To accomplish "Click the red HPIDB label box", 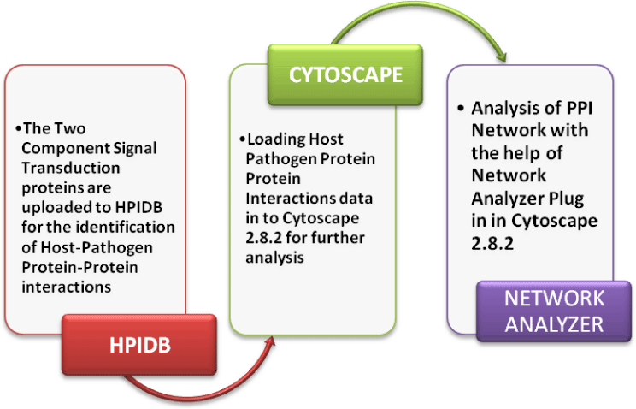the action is pyautogui.click(x=139, y=345).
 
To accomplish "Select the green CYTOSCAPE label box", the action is pyautogui.click(x=345, y=74).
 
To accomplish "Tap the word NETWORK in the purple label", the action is pyautogui.click(x=554, y=299).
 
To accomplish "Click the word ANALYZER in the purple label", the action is pyautogui.click(x=554, y=324).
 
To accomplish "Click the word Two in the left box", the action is pyautogui.click(x=69, y=128).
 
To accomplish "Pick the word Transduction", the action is pyautogui.click(x=71, y=168).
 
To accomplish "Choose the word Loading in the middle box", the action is pyautogui.click(x=276, y=139).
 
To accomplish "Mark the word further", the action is pyautogui.click(x=339, y=238).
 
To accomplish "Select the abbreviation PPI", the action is pyautogui.click(x=580, y=109).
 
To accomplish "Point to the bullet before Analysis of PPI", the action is pyautogui.click(x=461, y=109).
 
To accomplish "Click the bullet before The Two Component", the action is pyautogui.click(x=18, y=128).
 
